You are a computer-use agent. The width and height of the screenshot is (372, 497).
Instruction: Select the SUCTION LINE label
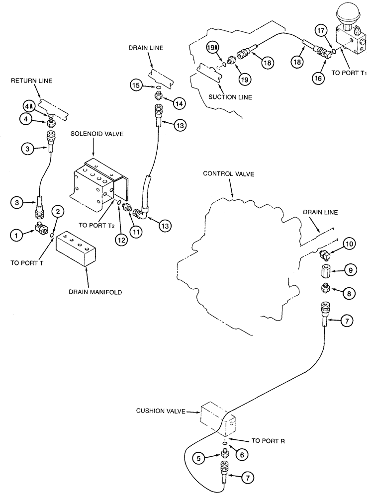coord(231,97)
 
